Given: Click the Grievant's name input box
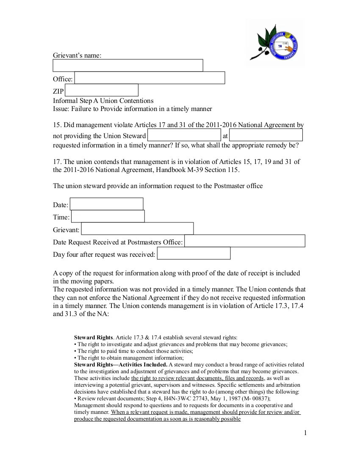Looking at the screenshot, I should (x=127, y=65).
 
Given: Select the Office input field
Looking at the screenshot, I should (x=150, y=78).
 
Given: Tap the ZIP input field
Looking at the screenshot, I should (x=102, y=90).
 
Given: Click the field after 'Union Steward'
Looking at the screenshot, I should (x=184, y=135).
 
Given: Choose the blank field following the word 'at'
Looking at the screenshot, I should (x=266, y=135).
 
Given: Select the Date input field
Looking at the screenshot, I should (x=107, y=204).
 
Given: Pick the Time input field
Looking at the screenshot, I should (x=108, y=216).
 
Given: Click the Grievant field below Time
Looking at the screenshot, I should (x=137, y=229).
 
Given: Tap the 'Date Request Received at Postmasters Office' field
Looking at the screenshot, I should (x=245, y=241).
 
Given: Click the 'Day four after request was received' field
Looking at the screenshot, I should (x=194, y=253).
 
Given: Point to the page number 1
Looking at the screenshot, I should (x=305, y=433).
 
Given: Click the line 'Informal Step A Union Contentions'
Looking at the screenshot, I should (x=103, y=101).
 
